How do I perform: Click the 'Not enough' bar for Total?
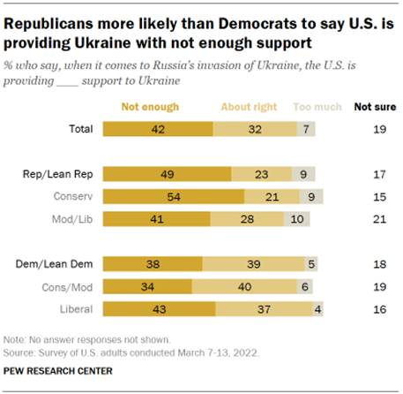(x=158, y=129)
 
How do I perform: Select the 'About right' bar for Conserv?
(x=259, y=195)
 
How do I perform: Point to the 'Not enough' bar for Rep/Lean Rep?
(x=167, y=174)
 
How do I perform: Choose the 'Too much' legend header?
(x=317, y=107)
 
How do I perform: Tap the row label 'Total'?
(x=81, y=129)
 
